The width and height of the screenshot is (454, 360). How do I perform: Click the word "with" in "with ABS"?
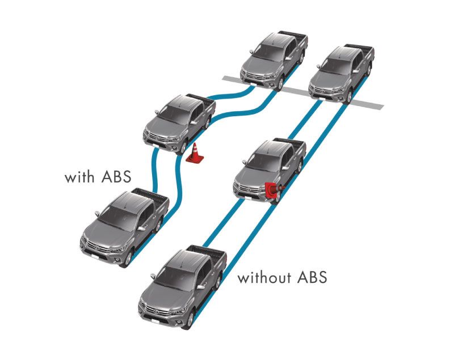pyautogui.click(x=79, y=177)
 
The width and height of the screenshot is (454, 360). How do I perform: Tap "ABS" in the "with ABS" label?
pyautogui.click(x=116, y=177)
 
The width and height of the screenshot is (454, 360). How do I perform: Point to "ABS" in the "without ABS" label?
pyautogui.click(x=313, y=277)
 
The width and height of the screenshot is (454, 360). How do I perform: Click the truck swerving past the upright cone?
pyautogui.click(x=179, y=124)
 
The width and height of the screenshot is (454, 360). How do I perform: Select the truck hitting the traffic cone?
pyautogui.click(x=270, y=171)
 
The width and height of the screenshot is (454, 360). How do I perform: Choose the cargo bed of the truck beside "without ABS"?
pyautogui.click(x=209, y=251)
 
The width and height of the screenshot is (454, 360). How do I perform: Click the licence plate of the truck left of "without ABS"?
pyautogui.click(x=155, y=321)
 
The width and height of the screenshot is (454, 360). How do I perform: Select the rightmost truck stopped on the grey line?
pyautogui.click(x=342, y=74)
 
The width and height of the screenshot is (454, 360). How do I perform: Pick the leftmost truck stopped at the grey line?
pyautogui.click(x=274, y=60)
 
